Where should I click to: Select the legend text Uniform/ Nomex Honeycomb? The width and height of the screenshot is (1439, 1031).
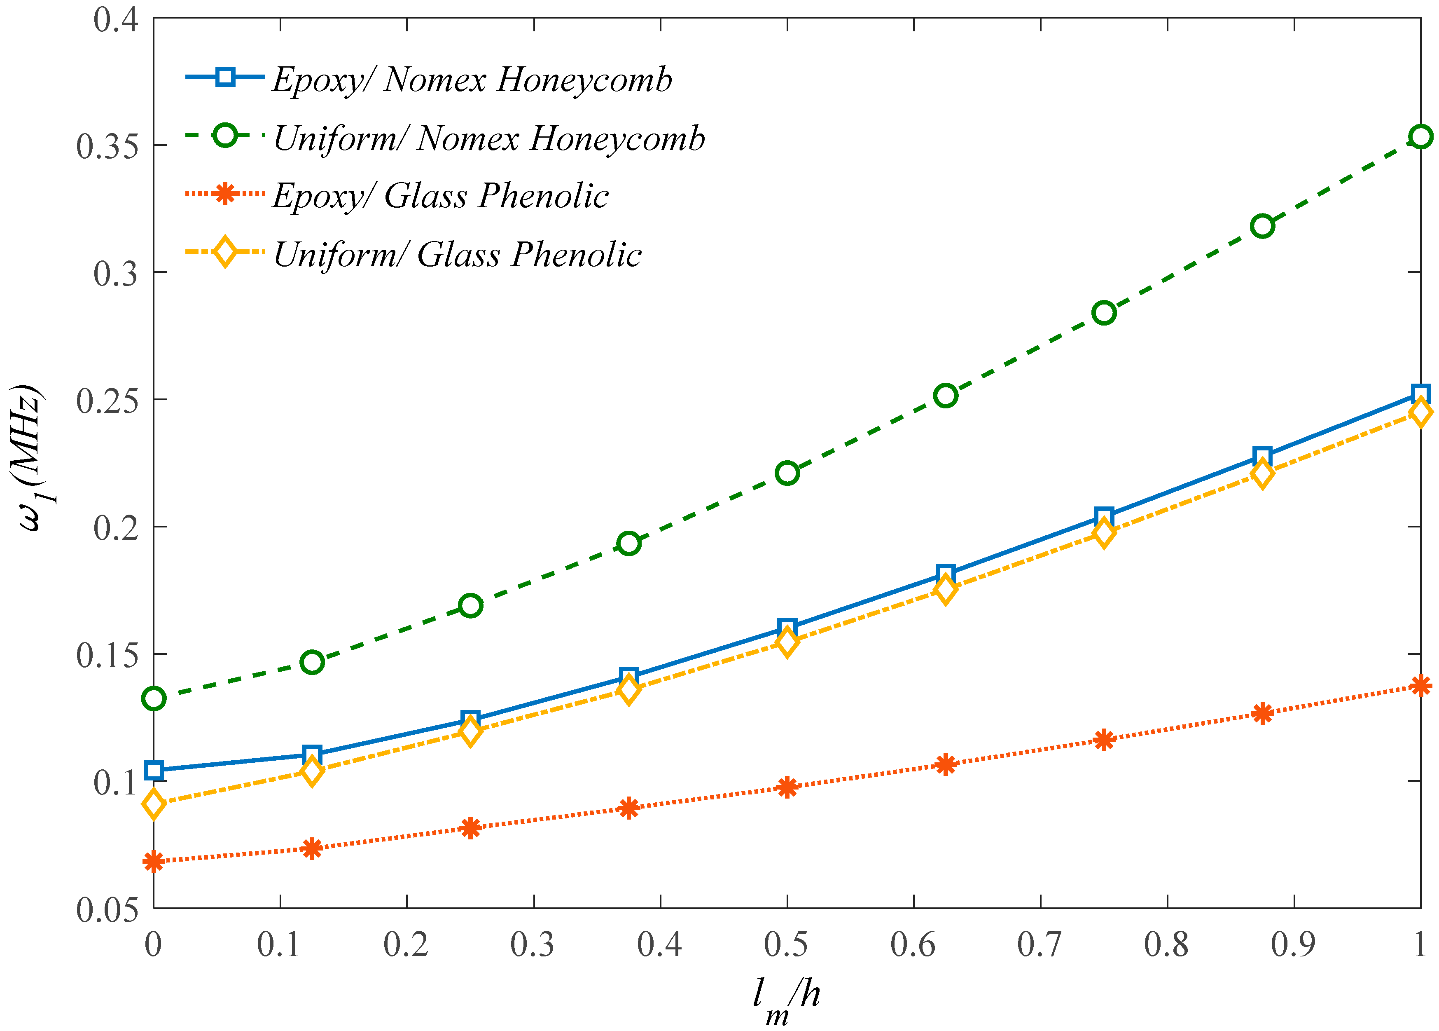488,138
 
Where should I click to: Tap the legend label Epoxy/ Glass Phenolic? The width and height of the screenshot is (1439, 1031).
440,196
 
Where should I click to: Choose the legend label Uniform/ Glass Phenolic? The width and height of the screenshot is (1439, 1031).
457,255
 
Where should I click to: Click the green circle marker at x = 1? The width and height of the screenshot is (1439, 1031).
1420,136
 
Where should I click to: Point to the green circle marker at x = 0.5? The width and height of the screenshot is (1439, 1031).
787,473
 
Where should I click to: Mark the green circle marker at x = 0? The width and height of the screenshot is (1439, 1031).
154,699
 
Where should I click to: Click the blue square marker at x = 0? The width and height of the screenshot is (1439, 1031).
154,771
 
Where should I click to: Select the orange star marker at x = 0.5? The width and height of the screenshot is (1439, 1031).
787,787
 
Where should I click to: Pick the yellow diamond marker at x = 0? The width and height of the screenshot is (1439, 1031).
154,804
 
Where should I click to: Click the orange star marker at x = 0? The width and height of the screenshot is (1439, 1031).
154,862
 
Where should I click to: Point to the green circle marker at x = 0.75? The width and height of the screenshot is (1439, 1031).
1104,312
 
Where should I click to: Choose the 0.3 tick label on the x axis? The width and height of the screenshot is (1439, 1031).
533,944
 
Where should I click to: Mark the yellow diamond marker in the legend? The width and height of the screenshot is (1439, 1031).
224,252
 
